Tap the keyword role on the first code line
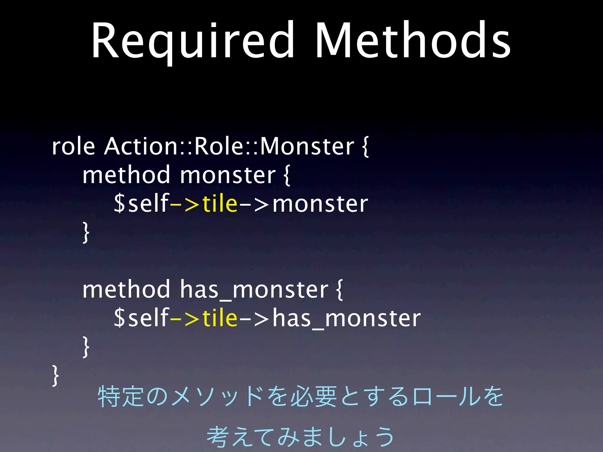click(73, 146)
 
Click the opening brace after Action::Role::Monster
click(365, 147)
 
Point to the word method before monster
click(126, 175)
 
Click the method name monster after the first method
click(228, 175)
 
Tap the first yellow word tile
click(220, 204)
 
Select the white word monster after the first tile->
click(320, 204)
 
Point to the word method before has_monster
click(126, 290)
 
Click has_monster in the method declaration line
click(254, 290)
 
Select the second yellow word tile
click(220, 318)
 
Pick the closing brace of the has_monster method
click(86, 347)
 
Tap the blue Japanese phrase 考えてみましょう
click(300, 436)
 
